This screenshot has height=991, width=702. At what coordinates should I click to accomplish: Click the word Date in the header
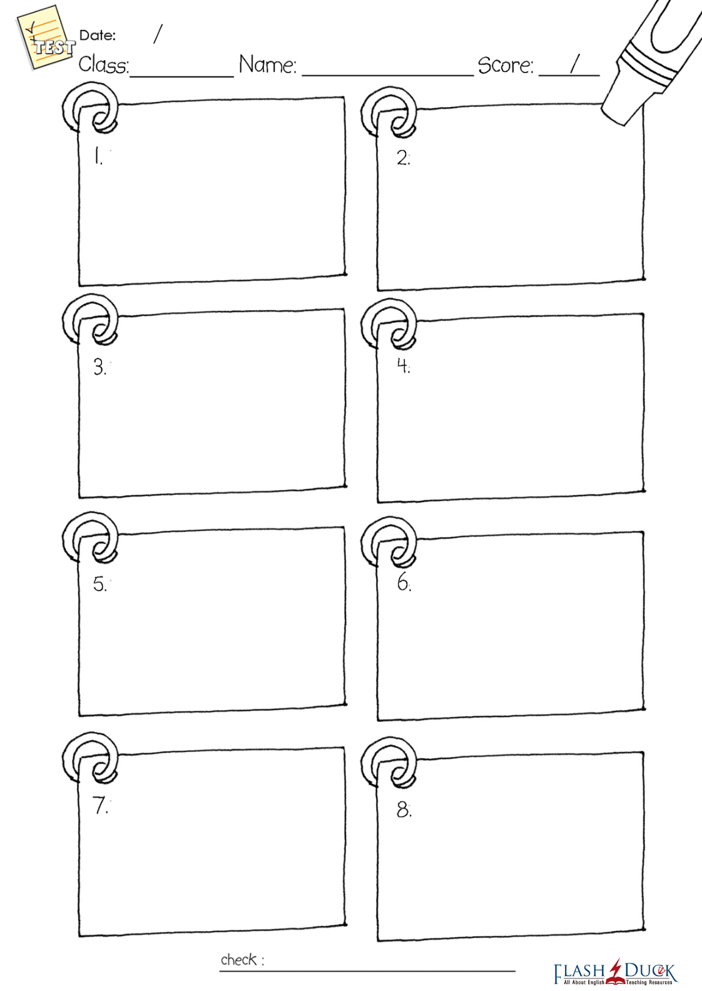click(97, 36)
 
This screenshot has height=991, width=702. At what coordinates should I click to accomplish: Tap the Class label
click(104, 64)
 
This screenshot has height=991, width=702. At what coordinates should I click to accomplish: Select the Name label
click(268, 64)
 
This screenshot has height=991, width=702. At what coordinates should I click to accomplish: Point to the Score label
click(506, 66)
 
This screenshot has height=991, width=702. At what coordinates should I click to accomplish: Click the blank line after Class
click(182, 77)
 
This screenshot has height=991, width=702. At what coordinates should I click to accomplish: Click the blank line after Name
click(388, 76)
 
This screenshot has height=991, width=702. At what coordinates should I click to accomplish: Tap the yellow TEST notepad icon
click(44, 37)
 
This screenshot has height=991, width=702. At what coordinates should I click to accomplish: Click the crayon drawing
click(651, 62)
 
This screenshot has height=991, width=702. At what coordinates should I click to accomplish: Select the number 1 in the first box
click(98, 156)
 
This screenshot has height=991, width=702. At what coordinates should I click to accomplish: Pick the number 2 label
click(403, 158)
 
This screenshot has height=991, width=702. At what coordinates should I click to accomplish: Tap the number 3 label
click(100, 367)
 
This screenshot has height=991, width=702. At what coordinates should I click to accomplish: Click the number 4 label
click(403, 365)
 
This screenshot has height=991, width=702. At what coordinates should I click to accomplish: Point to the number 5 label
click(100, 584)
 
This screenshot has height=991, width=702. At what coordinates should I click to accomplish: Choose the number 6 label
click(404, 582)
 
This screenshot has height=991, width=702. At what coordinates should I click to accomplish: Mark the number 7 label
click(100, 805)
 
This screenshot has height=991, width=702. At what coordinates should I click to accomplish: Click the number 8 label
click(404, 810)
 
